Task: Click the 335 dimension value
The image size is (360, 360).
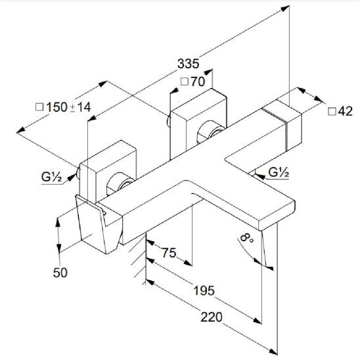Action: [x=189, y=64]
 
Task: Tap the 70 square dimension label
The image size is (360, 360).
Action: [x=198, y=81]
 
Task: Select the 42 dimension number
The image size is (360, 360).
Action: [x=346, y=112]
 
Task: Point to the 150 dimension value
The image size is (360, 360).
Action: [x=57, y=107]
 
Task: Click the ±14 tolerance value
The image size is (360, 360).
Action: [x=81, y=107]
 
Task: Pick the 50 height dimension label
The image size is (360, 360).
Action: [x=60, y=273]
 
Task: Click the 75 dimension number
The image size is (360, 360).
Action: [x=169, y=253]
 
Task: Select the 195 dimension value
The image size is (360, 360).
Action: [x=204, y=290]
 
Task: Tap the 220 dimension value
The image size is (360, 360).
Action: [x=212, y=317]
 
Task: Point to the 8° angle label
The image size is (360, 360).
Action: [x=246, y=238]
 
